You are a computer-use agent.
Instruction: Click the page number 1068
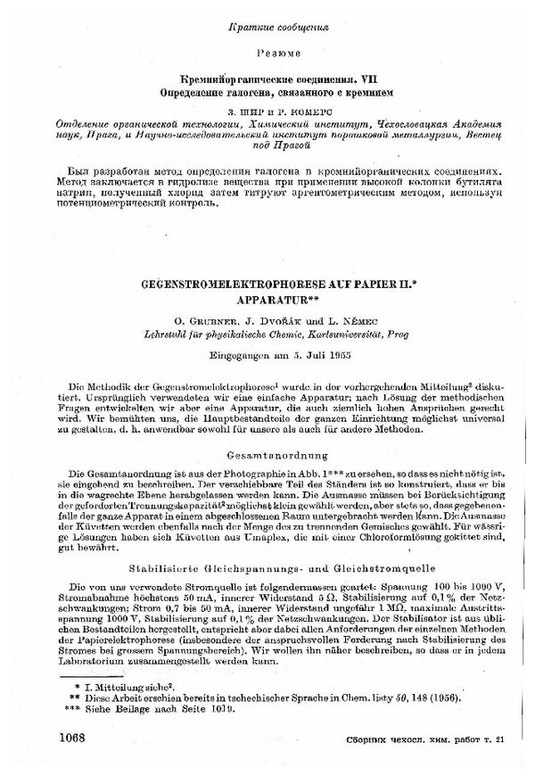tap(78, 737)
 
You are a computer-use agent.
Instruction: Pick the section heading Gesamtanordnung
tap(267, 450)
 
